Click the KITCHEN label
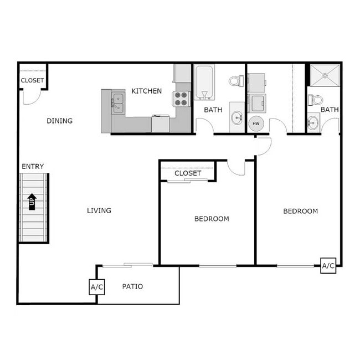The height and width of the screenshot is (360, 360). (x=146, y=91)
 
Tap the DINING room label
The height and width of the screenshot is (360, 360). (x=59, y=121)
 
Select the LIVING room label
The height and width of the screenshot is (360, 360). (x=99, y=210)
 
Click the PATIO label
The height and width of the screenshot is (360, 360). (x=132, y=286)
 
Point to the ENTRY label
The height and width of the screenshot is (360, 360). (x=33, y=167)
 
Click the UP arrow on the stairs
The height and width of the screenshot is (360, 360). (x=32, y=201)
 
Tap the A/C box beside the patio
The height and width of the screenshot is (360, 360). (x=97, y=287)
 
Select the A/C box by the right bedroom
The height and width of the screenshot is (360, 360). (x=328, y=266)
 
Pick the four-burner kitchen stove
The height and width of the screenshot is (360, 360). (x=182, y=99)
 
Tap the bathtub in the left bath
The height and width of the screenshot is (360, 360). (x=204, y=83)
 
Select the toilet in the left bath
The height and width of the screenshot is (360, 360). (x=236, y=81)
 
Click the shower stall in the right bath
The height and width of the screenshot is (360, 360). (x=323, y=76)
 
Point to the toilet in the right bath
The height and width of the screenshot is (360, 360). (x=315, y=100)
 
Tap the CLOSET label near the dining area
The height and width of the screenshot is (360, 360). (x=32, y=81)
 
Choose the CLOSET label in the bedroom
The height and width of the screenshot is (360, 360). (x=188, y=173)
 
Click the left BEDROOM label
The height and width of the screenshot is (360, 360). (x=212, y=219)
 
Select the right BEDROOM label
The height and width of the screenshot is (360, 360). (x=300, y=211)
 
